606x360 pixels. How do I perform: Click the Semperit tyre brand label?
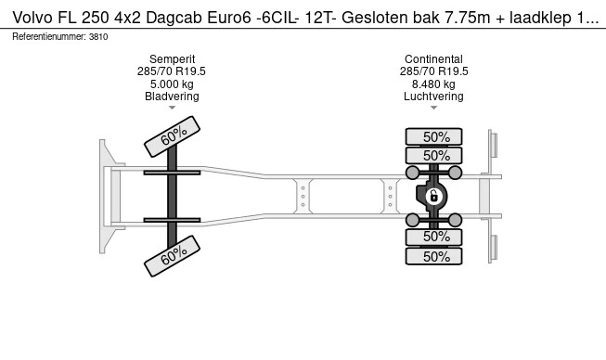(172, 58)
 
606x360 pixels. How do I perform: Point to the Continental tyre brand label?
(433, 58)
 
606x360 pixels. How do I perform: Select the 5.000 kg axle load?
(172, 84)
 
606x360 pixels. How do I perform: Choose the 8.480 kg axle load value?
(433, 84)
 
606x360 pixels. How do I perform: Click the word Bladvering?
(172, 96)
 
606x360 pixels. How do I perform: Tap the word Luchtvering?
(433, 96)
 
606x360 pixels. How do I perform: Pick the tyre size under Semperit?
(172, 71)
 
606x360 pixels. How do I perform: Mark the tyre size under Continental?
(433, 71)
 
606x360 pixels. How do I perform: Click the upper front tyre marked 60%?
(173, 138)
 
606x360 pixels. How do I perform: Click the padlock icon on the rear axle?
(432, 195)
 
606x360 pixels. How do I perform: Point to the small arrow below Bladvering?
(172, 109)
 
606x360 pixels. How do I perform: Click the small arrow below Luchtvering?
(433, 109)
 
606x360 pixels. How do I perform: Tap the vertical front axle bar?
(173, 196)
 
